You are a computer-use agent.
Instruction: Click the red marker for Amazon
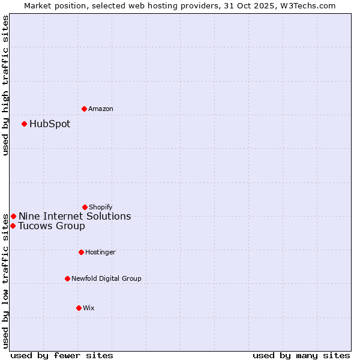85,109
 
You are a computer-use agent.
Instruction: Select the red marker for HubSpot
25,124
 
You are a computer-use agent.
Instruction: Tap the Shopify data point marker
85,207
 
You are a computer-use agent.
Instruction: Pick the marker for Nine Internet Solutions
13,216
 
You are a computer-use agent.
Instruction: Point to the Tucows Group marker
13,226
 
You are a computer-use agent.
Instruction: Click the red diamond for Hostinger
81,252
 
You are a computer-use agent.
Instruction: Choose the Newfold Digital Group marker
67,278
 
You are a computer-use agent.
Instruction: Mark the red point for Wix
79,308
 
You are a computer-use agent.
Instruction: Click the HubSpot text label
50,124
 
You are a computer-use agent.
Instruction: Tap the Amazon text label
101,109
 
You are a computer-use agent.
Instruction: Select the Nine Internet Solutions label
74,216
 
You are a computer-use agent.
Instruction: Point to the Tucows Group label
52,226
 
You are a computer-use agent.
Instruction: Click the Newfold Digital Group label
107,278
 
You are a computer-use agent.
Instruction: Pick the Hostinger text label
100,252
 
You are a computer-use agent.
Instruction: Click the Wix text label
89,308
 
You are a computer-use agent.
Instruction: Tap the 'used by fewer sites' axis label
62,355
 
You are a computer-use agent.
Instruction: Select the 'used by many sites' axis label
301,355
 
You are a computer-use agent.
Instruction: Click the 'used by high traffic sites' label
5,85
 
